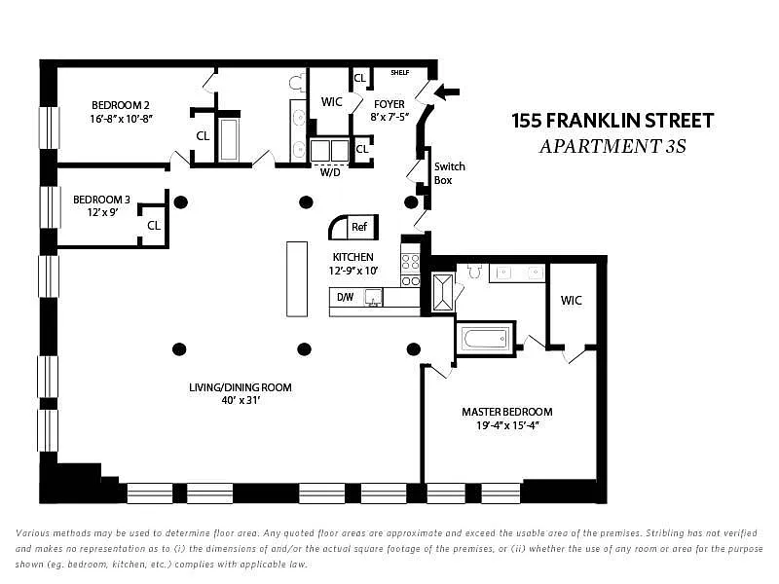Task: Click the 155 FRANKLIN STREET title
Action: click(x=612, y=122)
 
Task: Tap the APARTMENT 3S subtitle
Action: click(x=612, y=148)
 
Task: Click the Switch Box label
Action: click(x=449, y=173)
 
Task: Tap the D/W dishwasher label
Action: click(x=345, y=297)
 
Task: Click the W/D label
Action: click(x=330, y=172)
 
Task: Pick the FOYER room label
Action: click(x=389, y=104)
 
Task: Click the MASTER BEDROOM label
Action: click(x=506, y=412)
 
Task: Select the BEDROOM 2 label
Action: click(x=121, y=105)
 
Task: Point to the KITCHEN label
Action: click(x=352, y=257)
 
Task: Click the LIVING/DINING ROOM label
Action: click(x=241, y=387)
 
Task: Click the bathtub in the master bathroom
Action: click(x=484, y=340)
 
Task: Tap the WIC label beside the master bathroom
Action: click(x=571, y=300)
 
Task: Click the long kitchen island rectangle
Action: click(x=297, y=277)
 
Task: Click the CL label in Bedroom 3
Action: click(x=154, y=226)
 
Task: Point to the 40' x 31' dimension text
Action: click(x=241, y=400)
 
